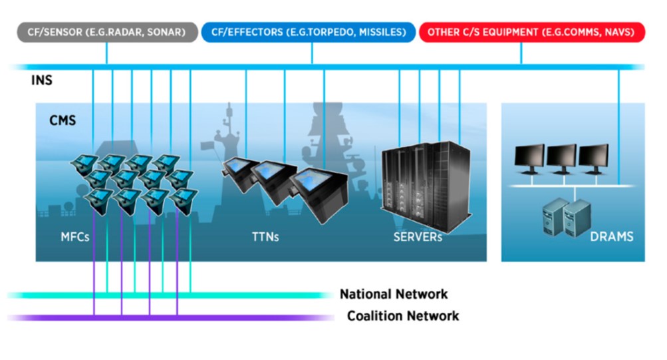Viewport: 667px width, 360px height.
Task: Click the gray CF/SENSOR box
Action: (x=107, y=33)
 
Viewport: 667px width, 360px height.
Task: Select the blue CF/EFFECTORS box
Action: (x=309, y=33)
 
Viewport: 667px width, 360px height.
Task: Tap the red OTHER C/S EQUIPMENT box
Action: (x=532, y=33)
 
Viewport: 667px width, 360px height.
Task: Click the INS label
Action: (x=42, y=80)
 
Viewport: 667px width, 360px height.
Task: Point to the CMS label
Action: (x=63, y=120)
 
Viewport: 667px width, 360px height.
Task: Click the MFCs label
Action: (x=75, y=237)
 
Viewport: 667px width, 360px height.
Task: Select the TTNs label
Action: (x=265, y=237)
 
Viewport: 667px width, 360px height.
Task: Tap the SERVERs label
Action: (x=418, y=237)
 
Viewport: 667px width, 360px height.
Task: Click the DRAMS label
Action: (x=611, y=237)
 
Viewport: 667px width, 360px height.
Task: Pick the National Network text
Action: (x=394, y=294)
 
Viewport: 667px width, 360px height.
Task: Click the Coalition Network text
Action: (x=403, y=315)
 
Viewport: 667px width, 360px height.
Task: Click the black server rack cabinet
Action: (x=426, y=186)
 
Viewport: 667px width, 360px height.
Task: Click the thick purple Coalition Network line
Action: (x=170, y=317)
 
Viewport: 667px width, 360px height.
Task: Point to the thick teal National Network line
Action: (x=170, y=295)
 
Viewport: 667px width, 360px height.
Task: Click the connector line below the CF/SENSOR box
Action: (x=107, y=53)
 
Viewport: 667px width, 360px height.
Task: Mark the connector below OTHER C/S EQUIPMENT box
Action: (x=521, y=53)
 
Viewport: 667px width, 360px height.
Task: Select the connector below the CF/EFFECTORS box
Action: (x=312, y=53)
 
